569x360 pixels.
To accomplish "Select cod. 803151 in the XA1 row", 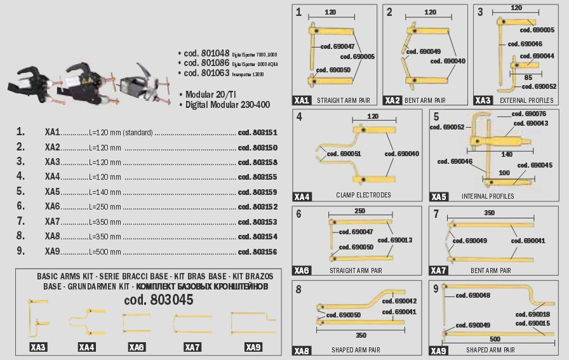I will coord(257,132).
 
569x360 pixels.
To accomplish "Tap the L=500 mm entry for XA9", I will coord(104,251).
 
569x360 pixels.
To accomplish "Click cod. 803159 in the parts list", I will coord(257,192).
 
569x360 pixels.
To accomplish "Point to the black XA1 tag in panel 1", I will coord(302,100).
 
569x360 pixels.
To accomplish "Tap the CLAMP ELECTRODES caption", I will coord(363,195).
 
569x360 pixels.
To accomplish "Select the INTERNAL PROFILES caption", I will coord(488,196).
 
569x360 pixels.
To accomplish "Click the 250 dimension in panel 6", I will coord(360,211).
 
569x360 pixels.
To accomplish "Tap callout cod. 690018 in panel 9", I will coord(532,314).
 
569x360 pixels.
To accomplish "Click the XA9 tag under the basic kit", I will coord(253,347).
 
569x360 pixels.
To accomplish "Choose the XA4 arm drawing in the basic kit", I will coord(86,323).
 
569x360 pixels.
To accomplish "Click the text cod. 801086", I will coord(206,63).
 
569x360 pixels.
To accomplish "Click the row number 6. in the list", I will coord(21,206).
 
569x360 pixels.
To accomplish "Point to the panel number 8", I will coord(298,289).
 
